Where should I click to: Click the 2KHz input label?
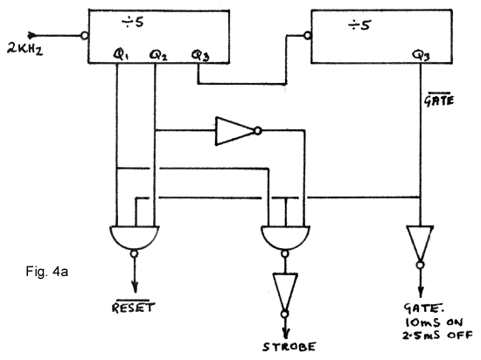pyautogui.click(x=24, y=50)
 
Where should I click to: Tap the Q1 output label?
pyautogui.click(x=121, y=54)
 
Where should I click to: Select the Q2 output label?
pyautogui.click(x=158, y=55)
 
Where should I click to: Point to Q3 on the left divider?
pyautogui.click(x=200, y=55)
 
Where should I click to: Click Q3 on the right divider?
pyautogui.click(x=421, y=55)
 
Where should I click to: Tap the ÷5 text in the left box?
pyautogui.click(x=133, y=22)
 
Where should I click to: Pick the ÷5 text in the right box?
pyautogui.click(x=359, y=24)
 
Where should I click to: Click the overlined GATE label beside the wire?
pyautogui.click(x=439, y=99)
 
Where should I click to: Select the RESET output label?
pyautogui.click(x=134, y=307)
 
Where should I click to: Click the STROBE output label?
pyautogui.click(x=289, y=347)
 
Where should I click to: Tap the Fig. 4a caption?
pyautogui.click(x=47, y=272)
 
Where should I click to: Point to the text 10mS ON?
pyautogui.click(x=434, y=322)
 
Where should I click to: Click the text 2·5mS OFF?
pyautogui.click(x=437, y=335)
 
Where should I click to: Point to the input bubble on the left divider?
pyautogui.click(x=84, y=36)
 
